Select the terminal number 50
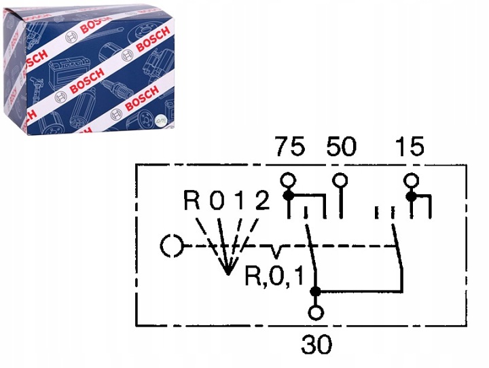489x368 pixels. point(340,147)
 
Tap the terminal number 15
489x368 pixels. point(410,147)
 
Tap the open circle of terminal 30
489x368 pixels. point(316,313)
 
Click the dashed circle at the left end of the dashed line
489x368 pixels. point(171,246)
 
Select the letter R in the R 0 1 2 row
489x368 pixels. point(193,202)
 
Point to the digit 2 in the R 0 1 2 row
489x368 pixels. point(262,202)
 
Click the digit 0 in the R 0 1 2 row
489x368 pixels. point(217,202)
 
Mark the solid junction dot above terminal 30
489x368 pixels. point(316,292)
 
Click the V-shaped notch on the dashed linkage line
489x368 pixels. point(276,252)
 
